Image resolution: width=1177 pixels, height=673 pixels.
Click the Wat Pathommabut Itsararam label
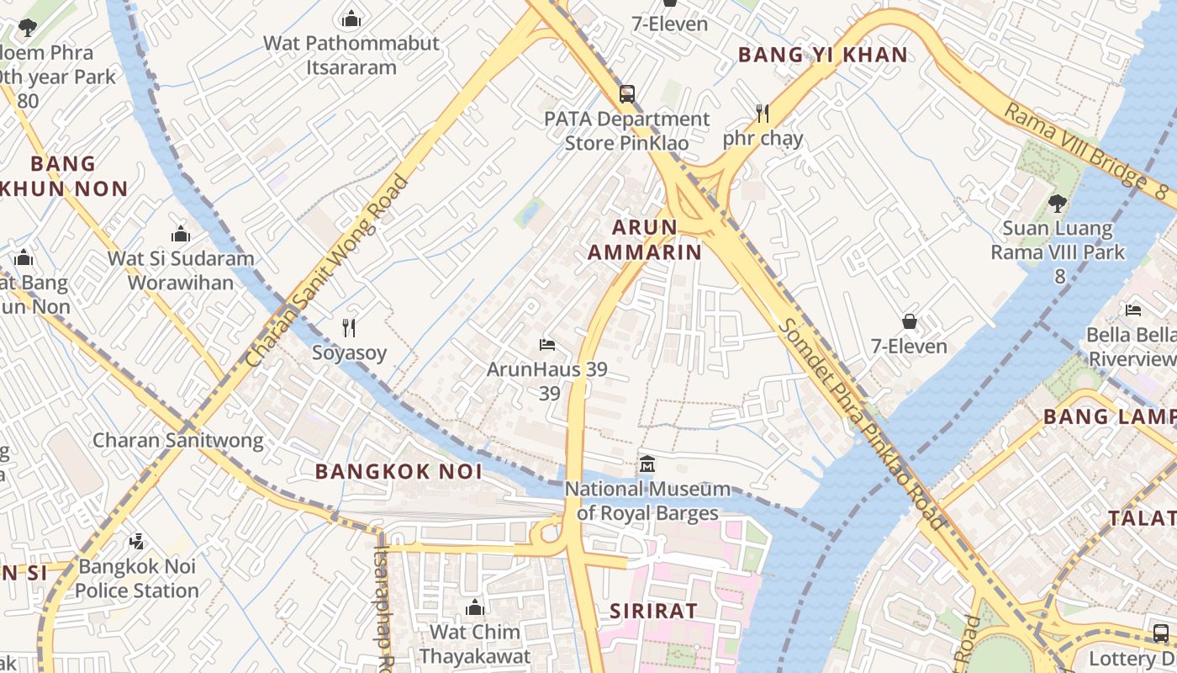coord(351,55)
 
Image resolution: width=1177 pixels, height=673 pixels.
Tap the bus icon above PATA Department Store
coord(627,94)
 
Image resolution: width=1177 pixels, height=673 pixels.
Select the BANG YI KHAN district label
coord(822,56)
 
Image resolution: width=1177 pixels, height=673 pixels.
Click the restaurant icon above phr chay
coord(763,113)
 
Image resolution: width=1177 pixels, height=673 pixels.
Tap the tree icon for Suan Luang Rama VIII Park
coord(1057,203)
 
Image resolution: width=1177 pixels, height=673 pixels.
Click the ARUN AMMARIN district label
coord(644,240)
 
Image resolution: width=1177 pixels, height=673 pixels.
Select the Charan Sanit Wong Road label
coord(328,271)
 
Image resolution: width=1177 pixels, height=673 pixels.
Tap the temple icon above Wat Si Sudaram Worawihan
coord(181,235)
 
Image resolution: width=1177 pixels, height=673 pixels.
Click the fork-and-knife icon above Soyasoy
coord(349,327)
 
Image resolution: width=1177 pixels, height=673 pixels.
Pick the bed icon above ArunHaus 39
coord(547,345)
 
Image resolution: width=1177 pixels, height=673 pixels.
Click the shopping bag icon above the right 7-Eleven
coord(909,321)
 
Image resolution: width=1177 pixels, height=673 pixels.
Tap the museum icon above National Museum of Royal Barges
coord(647,464)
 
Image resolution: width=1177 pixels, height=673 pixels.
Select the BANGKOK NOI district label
coord(398,472)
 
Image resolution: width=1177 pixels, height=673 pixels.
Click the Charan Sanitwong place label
coord(177,440)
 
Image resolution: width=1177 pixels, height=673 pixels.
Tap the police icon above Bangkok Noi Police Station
coord(136,542)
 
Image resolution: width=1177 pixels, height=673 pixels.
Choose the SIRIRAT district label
coord(653,611)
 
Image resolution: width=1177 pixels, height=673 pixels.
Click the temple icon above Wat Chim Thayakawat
coord(475,607)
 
